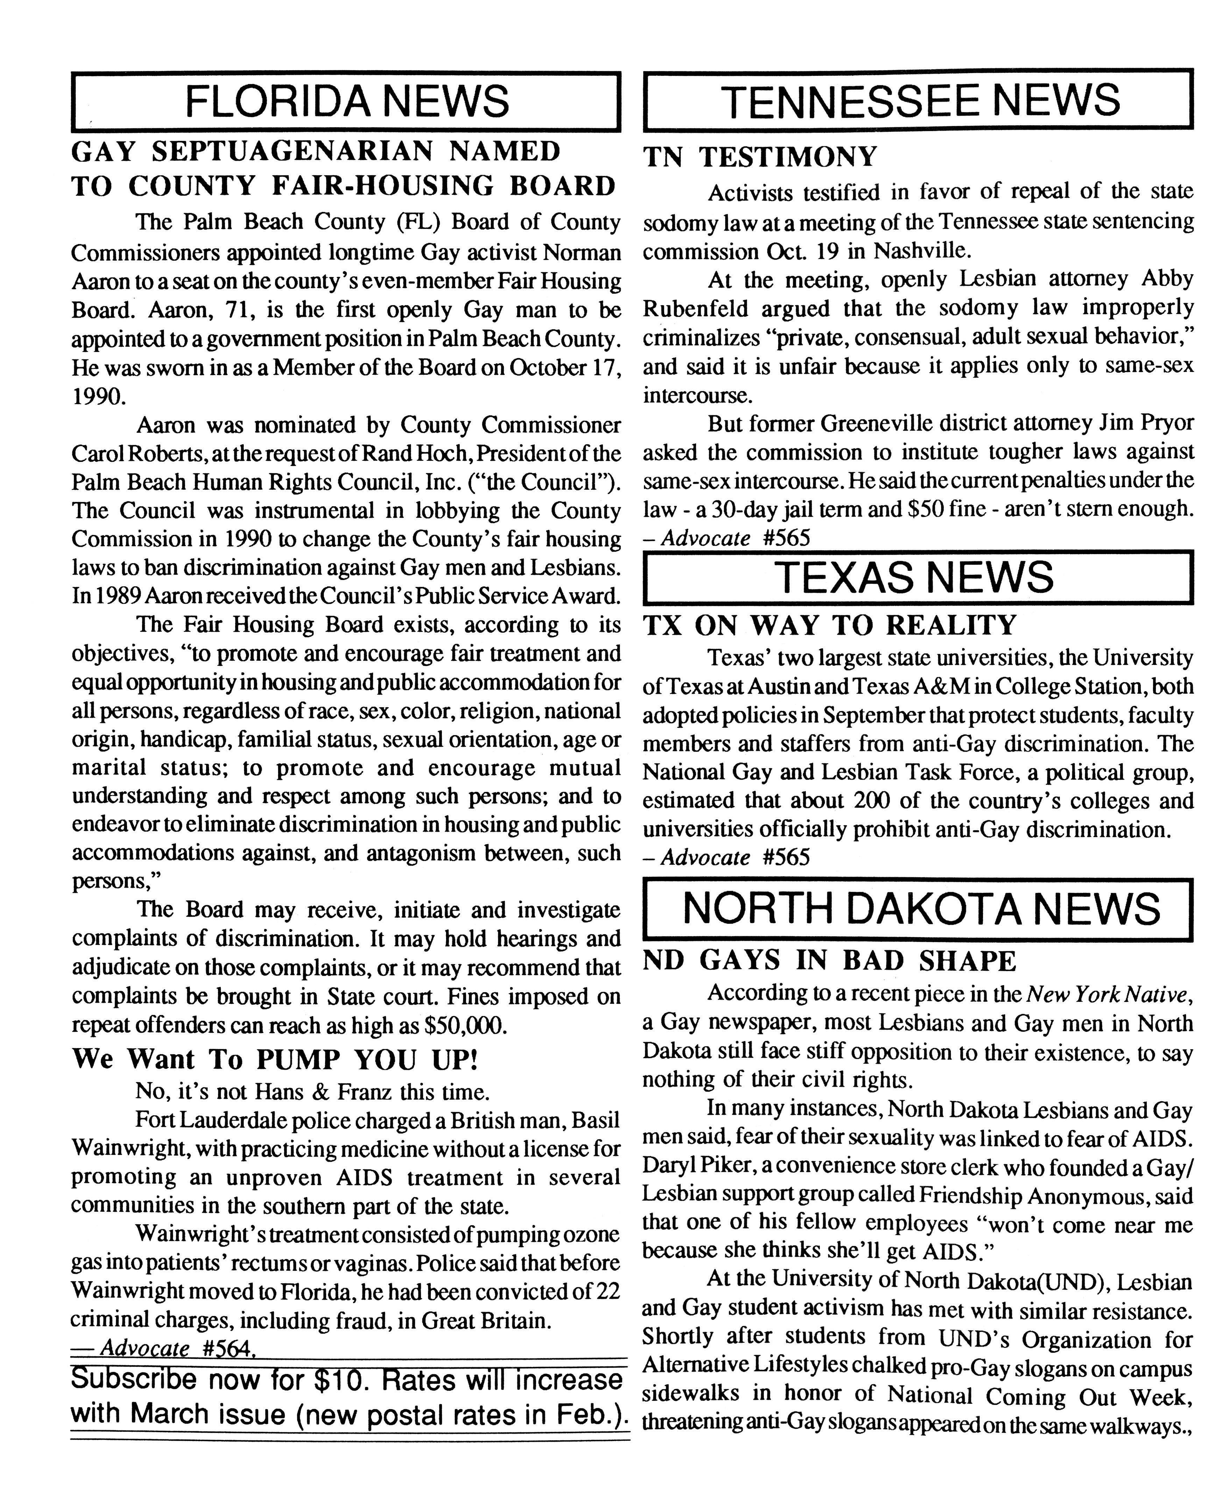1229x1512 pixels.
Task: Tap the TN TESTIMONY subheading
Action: tap(760, 156)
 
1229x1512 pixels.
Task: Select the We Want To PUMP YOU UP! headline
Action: tap(275, 1059)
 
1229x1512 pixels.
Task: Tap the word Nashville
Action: tap(918, 251)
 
